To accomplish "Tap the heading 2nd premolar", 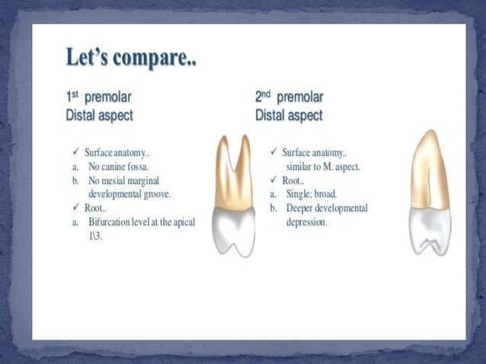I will [x=289, y=97].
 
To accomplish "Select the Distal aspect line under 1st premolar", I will [x=99, y=116].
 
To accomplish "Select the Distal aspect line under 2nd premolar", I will [x=289, y=116].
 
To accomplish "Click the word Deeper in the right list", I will [x=303, y=208].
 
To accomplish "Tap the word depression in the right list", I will [x=306, y=222].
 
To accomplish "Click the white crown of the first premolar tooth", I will [x=233, y=232].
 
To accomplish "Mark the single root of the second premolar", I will [x=430, y=168].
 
